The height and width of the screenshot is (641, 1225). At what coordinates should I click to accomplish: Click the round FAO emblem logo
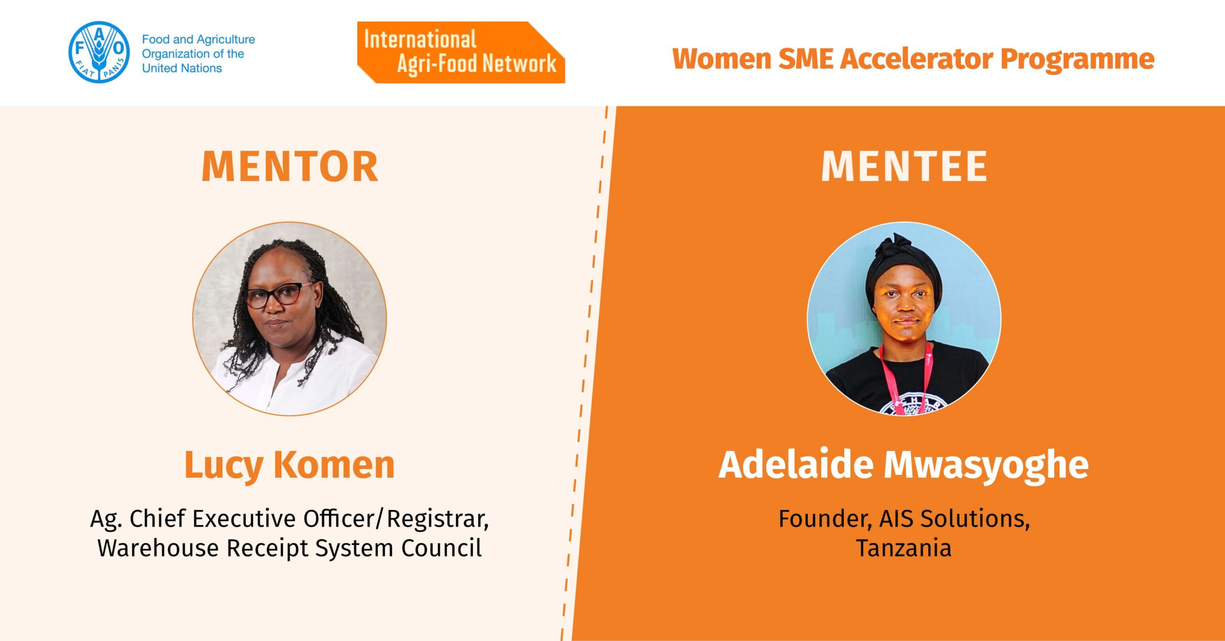click(x=99, y=52)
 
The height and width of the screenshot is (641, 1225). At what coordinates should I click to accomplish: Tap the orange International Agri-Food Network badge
click(x=461, y=52)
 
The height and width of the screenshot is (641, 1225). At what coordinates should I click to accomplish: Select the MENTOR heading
click(x=290, y=167)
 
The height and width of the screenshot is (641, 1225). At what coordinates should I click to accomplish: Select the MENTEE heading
click(x=904, y=167)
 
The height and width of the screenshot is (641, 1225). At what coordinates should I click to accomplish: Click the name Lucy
click(x=223, y=465)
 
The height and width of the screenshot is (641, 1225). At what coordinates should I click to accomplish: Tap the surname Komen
click(x=334, y=464)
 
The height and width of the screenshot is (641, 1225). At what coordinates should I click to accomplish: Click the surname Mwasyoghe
click(x=986, y=465)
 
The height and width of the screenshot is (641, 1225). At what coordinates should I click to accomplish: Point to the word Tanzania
click(x=904, y=548)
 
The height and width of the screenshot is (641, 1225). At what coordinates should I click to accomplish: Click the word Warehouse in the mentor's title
click(x=158, y=548)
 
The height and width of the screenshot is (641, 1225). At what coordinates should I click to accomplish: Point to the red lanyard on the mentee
click(x=905, y=378)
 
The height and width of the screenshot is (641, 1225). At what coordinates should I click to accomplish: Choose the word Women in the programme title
click(x=722, y=59)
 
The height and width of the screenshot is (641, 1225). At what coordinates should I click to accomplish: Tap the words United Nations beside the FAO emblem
click(x=182, y=68)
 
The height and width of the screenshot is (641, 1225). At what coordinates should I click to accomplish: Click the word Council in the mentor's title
click(x=442, y=548)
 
